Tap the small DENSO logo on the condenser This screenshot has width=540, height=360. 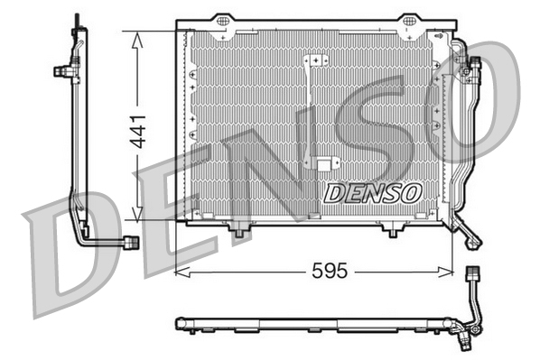(372, 191)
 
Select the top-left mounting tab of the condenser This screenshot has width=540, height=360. (220, 24)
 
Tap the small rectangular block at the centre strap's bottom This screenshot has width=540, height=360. (322, 164)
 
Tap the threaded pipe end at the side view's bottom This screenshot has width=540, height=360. (130, 242)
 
